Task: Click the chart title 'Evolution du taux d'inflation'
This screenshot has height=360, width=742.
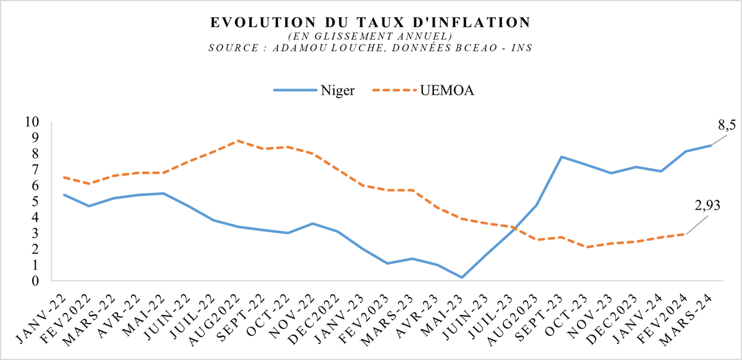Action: (370, 23)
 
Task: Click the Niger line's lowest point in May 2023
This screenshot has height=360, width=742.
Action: (461, 277)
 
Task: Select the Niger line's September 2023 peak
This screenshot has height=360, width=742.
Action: (561, 156)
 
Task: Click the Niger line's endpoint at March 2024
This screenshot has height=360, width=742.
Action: (710, 145)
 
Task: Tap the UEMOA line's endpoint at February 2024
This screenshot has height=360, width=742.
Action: (685, 234)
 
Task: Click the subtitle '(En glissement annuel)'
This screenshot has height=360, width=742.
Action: (370, 35)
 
